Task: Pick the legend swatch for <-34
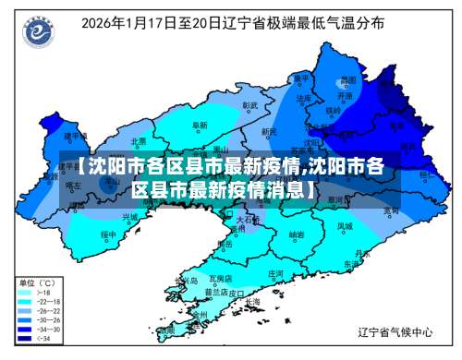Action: pyautogui.click(x=26, y=339)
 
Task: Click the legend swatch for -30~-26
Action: pyautogui.click(x=26, y=320)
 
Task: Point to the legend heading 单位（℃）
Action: pyautogui.click(x=41, y=282)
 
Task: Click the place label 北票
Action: pyautogui.click(x=140, y=142)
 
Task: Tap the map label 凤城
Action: pyautogui.click(x=344, y=225)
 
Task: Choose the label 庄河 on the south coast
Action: pyautogui.click(x=275, y=273)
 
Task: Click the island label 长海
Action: pyautogui.click(x=252, y=301)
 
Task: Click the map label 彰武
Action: pyautogui.click(x=250, y=106)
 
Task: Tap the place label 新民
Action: pyautogui.click(x=269, y=132)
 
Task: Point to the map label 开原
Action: pyautogui.click(x=343, y=95)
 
